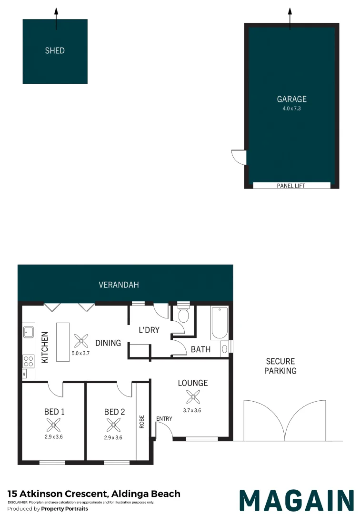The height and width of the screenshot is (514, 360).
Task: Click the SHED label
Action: pos(55,50)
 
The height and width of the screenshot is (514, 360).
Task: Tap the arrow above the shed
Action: pos(56,19)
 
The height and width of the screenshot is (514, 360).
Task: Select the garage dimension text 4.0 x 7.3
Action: pos(291,109)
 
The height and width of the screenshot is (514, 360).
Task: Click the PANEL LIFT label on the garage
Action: pos(291,186)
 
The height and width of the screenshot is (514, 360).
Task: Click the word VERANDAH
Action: pos(119,285)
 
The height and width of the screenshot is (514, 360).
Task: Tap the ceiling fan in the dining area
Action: pos(81,341)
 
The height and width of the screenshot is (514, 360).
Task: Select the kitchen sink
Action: pos(29,332)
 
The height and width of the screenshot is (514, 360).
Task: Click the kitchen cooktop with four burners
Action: pos(29,361)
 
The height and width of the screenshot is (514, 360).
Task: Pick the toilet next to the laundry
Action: pos(183,314)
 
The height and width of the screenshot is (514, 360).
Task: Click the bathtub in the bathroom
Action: pos(220,323)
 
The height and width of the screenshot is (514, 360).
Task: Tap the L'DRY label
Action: pos(149,330)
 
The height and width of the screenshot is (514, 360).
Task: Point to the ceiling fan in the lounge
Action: pos(193,397)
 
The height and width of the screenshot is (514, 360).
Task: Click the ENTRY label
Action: pos(164,419)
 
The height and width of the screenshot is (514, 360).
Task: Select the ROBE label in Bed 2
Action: pos(141,422)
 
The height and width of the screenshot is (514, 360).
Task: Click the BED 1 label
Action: pos(54,412)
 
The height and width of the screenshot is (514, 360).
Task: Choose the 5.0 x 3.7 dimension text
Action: pos(80,353)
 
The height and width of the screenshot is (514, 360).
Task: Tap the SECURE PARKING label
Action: pos(280,366)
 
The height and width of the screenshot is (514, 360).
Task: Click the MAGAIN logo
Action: pos(297,500)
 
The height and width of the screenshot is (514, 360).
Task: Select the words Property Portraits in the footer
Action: pos(65,509)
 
